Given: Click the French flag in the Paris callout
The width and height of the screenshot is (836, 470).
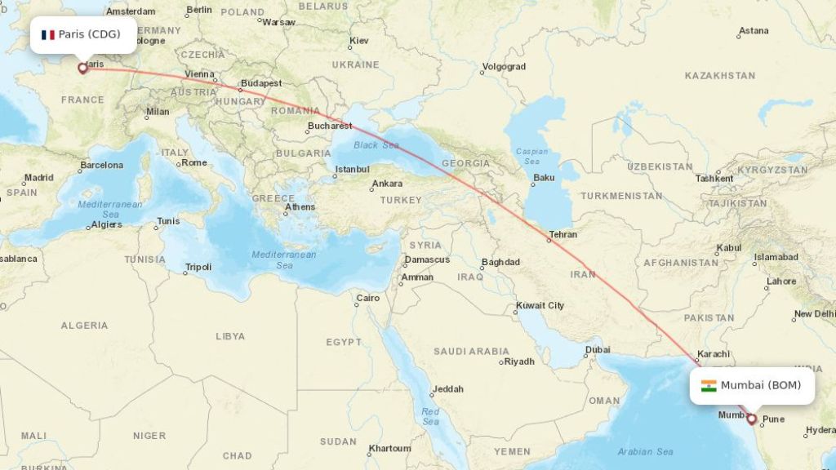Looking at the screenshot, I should pos(48,34).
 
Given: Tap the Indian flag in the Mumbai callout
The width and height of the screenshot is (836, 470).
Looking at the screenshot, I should pos(709,385).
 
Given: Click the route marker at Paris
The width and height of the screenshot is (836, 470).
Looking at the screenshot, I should pos(82,69).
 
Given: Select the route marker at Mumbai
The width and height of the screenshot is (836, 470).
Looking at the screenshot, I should pos(751,419).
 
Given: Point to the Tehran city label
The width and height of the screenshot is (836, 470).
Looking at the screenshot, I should pos(563,234).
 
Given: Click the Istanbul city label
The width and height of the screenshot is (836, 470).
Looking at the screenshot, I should pos(352,170).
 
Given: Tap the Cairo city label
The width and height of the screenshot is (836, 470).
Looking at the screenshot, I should pos(367,298).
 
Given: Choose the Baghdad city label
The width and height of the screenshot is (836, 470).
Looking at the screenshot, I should pos(500,262).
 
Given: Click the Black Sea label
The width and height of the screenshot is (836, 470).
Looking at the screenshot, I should pos(376,145).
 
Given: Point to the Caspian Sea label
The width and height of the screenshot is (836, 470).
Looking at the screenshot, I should pos(532,156).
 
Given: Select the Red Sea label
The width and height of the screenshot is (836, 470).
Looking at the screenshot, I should pos(431,416).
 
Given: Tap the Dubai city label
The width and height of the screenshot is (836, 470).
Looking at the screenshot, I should pos(598,350).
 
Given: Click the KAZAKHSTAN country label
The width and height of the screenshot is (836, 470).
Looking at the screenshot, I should pos(720,75).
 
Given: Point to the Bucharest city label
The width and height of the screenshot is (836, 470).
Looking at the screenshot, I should pos(330,126).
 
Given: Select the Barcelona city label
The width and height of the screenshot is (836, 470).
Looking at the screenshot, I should pos(101,165).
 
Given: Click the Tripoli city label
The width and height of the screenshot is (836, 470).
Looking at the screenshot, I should pos(198,267).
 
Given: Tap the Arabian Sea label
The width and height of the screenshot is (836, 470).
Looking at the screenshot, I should pos(645,451).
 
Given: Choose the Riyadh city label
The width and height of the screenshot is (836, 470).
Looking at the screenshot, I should pos(519,361).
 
